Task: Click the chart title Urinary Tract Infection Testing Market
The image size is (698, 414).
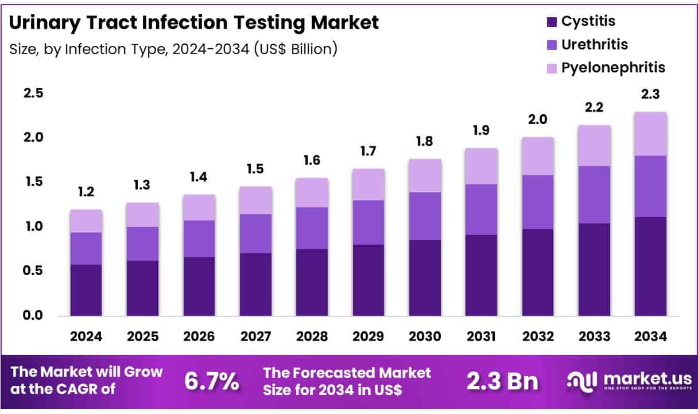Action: coord(194,22)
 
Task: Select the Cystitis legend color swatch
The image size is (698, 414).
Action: coord(552,22)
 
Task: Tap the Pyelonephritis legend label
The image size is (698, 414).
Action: coord(613,68)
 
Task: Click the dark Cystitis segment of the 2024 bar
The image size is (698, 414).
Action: coord(86,290)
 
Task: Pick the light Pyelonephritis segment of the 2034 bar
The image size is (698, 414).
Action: coord(650,134)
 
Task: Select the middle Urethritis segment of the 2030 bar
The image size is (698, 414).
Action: coord(424,216)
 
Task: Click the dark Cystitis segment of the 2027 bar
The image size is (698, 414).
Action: coord(255,284)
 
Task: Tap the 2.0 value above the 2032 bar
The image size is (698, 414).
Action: coord(537,120)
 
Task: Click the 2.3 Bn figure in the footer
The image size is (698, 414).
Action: coord(502,381)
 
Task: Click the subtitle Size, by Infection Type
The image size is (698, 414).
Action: coord(173,49)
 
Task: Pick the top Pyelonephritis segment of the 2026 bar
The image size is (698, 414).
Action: coord(199,207)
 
